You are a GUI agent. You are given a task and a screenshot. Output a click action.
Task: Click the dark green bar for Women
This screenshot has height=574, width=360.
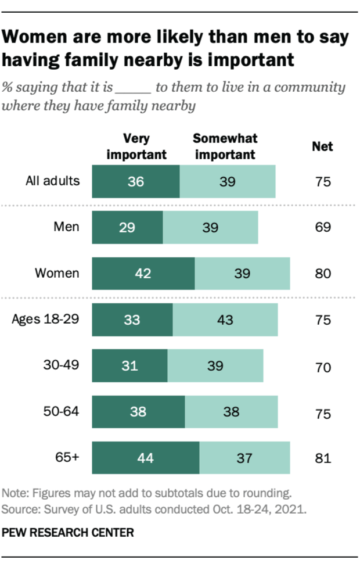(x=143, y=273)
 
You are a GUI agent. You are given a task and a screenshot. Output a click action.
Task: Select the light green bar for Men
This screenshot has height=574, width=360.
(x=210, y=227)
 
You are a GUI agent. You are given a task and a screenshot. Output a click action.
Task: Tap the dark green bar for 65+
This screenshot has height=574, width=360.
(x=146, y=458)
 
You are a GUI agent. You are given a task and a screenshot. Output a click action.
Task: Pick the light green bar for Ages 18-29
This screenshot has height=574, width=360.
(x=225, y=320)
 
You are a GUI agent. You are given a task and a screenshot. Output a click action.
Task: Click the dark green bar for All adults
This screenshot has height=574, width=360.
(x=136, y=181)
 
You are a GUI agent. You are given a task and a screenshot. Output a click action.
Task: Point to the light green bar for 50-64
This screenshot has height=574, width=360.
(x=231, y=412)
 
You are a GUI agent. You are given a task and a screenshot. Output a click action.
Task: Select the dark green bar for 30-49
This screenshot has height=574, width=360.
(x=130, y=365)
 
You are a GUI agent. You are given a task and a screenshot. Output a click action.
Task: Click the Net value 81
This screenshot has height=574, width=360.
(x=322, y=458)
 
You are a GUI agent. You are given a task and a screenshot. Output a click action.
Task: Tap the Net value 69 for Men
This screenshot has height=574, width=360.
(x=322, y=227)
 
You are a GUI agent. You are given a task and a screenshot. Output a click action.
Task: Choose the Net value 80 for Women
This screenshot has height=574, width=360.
(x=322, y=273)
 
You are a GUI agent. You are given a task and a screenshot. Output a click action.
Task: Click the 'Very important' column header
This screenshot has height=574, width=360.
(x=136, y=146)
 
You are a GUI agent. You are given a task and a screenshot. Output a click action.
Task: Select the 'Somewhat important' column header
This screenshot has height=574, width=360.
(x=225, y=146)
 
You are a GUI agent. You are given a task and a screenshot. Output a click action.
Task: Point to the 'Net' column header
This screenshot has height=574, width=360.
(x=322, y=146)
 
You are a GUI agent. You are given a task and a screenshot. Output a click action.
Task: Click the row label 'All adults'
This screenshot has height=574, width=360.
(x=53, y=180)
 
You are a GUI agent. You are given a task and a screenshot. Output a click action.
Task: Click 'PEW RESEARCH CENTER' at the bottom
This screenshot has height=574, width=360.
(x=68, y=532)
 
